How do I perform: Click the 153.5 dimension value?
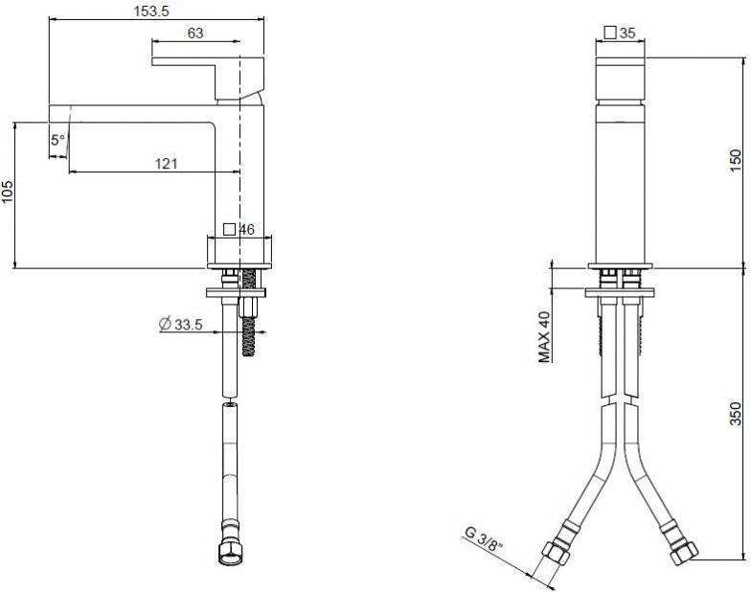click(151, 11)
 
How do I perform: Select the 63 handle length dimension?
click(195, 33)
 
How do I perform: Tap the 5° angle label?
click(57, 140)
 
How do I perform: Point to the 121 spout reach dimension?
click(166, 163)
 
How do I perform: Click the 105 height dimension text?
click(9, 192)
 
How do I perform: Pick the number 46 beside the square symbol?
click(247, 230)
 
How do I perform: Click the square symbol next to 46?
click(230, 230)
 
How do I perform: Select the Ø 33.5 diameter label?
click(180, 324)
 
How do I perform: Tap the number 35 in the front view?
click(627, 33)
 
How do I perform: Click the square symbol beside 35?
click(610, 33)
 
